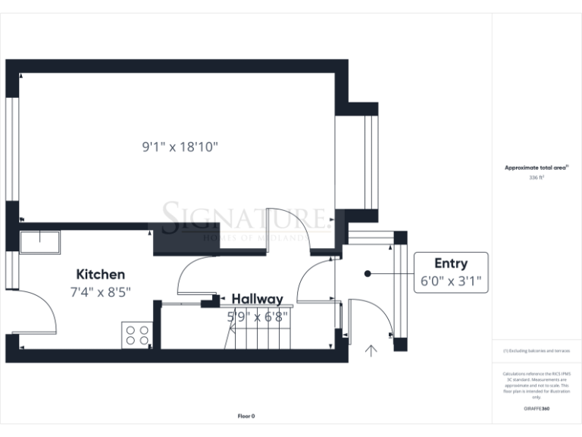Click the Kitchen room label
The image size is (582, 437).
click(x=100, y=274)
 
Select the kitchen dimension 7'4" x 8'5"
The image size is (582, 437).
click(x=100, y=291)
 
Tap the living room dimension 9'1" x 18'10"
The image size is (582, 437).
click(x=180, y=147)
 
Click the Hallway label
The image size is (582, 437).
click(x=257, y=299)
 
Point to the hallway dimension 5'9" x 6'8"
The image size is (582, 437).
click(x=257, y=317)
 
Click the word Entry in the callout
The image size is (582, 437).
click(x=450, y=264)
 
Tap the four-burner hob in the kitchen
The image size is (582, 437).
click(x=136, y=335)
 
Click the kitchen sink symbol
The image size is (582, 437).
click(x=40, y=241)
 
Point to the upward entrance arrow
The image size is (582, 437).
click(x=371, y=351)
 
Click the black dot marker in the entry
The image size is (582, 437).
click(x=367, y=273)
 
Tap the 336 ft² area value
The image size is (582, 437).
click(x=537, y=178)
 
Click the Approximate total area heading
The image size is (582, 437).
click(x=536, y=168)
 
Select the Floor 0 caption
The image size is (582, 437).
click(x=246, y=416)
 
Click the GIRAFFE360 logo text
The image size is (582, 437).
click(x=536, y=409)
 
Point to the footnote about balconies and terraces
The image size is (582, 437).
click(x=536, y=351)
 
